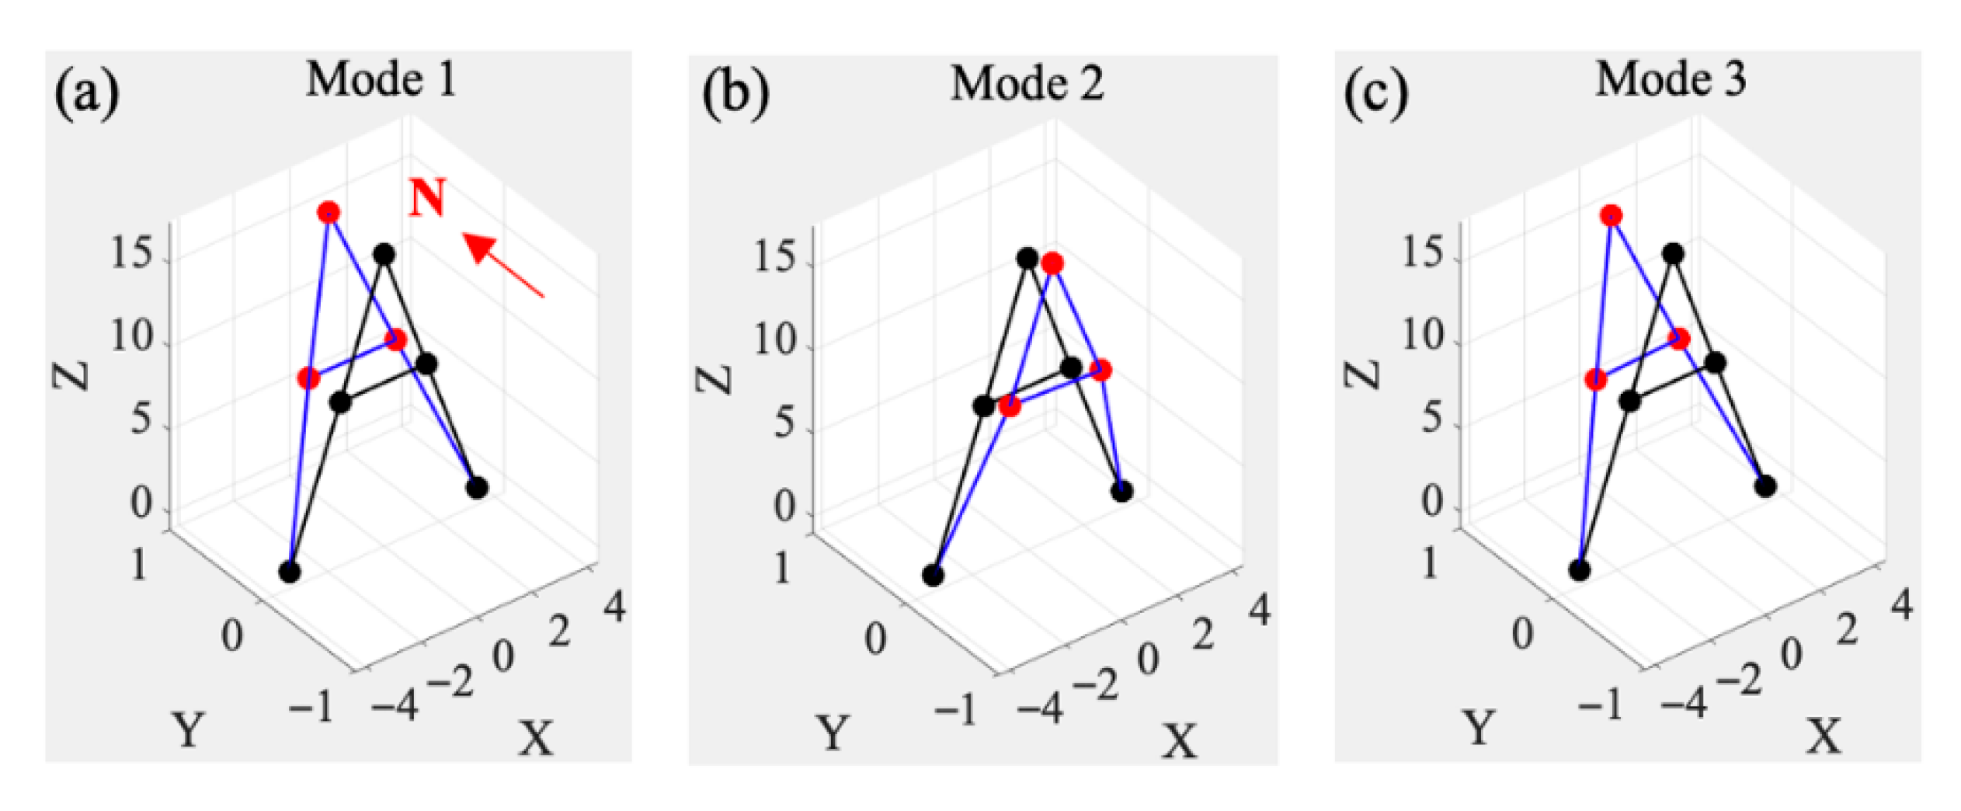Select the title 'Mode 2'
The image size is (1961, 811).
1027,83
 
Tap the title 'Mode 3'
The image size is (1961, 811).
1671,79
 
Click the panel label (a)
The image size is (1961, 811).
86,95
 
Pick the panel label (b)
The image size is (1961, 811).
735,95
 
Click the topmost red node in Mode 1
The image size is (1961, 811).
329,212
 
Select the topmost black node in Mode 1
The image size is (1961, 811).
384,253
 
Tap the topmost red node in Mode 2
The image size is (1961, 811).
1052,264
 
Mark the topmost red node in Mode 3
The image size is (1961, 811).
1611,215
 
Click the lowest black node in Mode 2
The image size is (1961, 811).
933,576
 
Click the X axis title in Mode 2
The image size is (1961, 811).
1179,740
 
